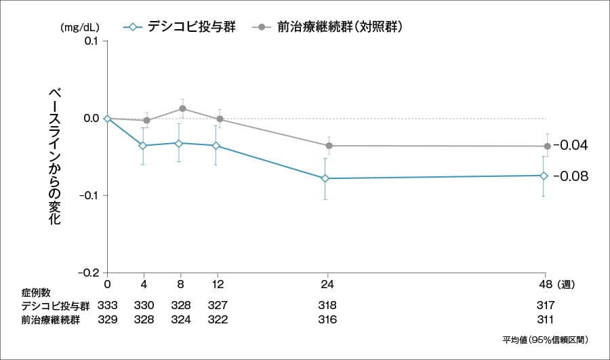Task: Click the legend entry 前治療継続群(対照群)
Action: tap(332, 27)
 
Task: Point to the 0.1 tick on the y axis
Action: tap(91, 41)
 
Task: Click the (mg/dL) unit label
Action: tap(79, 28)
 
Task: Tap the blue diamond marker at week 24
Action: tap(326, 178)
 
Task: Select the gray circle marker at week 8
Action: tap(182, 108)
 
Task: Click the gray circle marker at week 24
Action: tap(329, 146)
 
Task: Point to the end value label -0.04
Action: tap(571, 145)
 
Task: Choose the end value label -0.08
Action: tap(571, 176)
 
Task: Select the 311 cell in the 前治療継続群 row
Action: tap(545, 319)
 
